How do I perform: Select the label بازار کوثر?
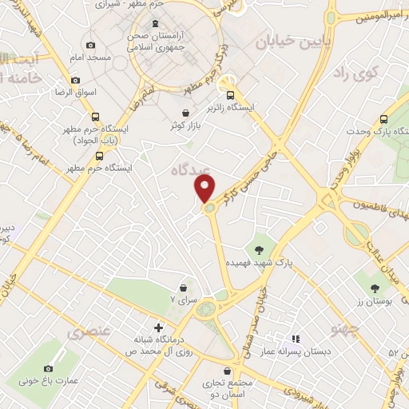point(185,127)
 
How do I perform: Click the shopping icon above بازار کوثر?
point(186,113)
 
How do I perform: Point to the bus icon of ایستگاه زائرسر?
point(228,91)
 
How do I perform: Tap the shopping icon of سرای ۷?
point(184,288)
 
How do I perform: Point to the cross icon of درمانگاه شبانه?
point(157,327)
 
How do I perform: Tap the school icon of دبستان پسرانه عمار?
point(295,339)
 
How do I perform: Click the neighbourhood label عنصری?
point(89,331)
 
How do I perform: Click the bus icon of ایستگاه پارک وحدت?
point(384,115)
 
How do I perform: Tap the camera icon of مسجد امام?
point(89,46)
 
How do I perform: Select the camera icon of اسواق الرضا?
point(75,80)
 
